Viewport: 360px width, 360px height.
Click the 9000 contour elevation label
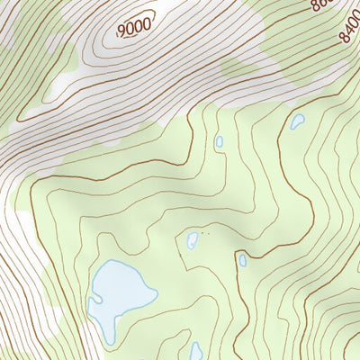(x=134, y=28)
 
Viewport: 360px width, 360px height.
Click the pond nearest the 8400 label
(x=297, y=121)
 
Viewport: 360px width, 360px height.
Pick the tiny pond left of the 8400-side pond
(x=219, y=141)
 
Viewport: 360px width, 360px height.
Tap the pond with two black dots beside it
(x=192, y=240)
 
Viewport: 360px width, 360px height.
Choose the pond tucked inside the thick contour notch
(x=243, y=260)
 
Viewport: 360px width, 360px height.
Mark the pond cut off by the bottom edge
(x=196, y=352)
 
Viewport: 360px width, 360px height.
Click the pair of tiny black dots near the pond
(x=203, y=234)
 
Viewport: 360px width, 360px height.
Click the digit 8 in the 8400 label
(x=344, y=41)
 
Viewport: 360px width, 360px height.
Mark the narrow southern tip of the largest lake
(x=111, y=337)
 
